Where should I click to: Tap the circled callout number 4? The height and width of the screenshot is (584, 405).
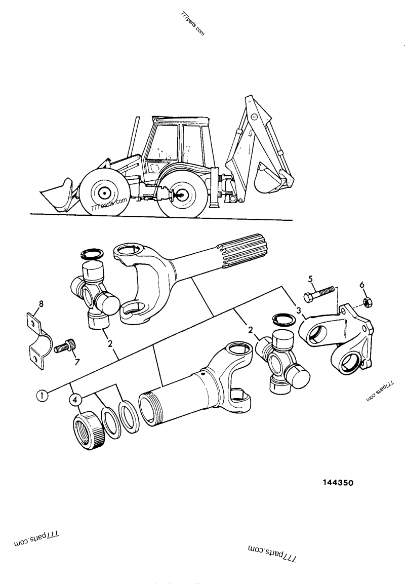pos(75,400)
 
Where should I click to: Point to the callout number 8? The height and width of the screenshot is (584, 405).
pos(41,304)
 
